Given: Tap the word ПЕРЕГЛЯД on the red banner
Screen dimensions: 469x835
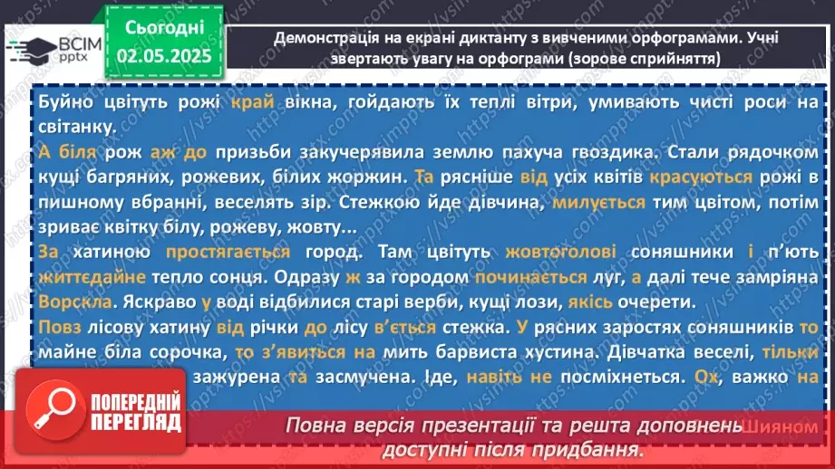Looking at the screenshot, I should [x=138, y=423].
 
